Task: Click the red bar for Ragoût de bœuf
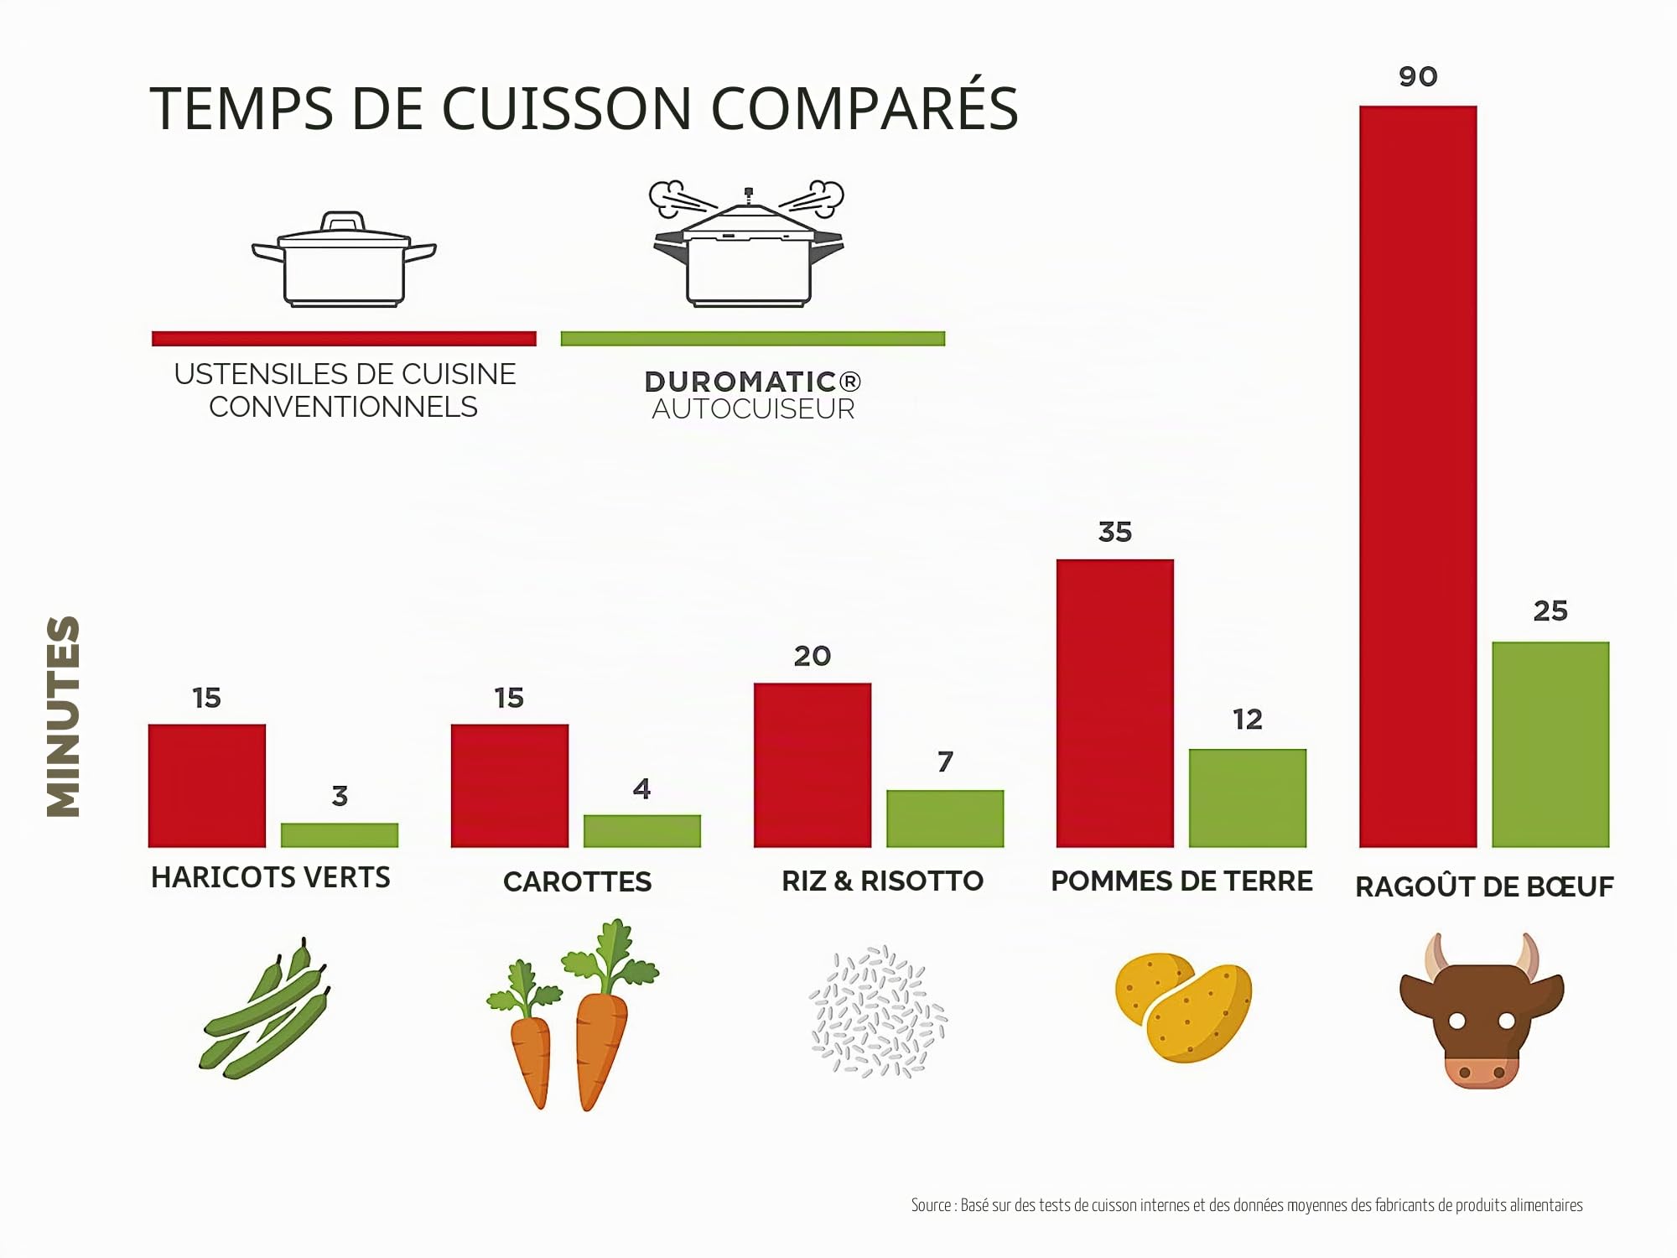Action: point(1418,476)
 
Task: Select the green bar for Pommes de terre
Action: point(1248,798)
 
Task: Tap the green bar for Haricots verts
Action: point(340,834)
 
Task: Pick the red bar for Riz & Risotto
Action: point(813,765)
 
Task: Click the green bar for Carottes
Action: point(642,830)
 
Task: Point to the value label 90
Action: point(1418,77)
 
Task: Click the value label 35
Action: point(1115,532)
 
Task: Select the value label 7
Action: point(945,762)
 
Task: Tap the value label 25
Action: point(1550,611)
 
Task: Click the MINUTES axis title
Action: point(64,717)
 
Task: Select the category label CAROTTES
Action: point(577,881)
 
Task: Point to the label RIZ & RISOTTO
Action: point(882,881)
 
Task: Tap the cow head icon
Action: point(1482,1011)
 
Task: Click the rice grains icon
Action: point(878,1011)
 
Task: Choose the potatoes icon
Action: point(1183,1007)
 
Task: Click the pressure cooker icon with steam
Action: point(748,243)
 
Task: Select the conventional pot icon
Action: point(344,259)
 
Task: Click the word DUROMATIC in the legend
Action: point(740,382)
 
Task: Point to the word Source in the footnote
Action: point(931,1205)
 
